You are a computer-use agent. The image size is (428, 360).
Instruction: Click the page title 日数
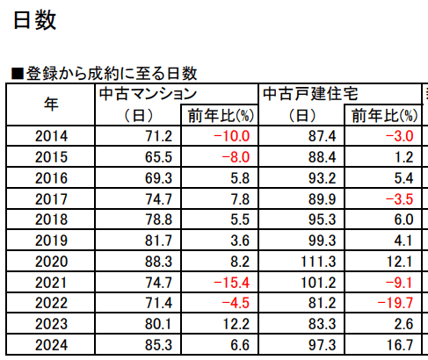click(34, 20)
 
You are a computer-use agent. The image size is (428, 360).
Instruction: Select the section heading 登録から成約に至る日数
click(112, 74)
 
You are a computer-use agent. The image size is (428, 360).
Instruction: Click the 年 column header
click(51, 104)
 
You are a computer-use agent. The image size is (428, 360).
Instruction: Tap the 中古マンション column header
click(148, 94)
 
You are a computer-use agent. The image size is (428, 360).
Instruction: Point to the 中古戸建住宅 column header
click(310, 94)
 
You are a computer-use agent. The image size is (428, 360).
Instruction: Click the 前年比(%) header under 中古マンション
click(221, 115)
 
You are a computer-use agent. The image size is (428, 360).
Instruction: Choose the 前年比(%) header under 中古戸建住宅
click(384, 115)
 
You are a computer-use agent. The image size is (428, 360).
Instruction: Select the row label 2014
click(51, 136)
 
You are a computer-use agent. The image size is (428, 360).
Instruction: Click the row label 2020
click(51, 262)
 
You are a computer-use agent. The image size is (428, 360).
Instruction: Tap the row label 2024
click(51, 345)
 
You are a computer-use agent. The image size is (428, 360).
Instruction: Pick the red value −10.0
click(231, 136)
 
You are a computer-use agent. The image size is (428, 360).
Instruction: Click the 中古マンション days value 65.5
click(158, 157)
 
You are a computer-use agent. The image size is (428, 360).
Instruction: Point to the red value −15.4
click(231, 283)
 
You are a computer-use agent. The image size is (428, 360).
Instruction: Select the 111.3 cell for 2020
click(318, 262)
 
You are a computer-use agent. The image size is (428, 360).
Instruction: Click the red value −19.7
click(395, 303)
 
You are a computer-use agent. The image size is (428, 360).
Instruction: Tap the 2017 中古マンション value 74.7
click(158, 199)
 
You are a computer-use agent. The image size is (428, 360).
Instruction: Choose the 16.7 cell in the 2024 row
click(400, 345)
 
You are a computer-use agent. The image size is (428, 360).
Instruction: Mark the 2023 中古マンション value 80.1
click(158, 324)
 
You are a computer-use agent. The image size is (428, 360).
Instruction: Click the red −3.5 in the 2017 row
click(399, 199)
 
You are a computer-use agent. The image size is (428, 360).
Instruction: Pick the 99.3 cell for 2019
click(322, 241)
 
